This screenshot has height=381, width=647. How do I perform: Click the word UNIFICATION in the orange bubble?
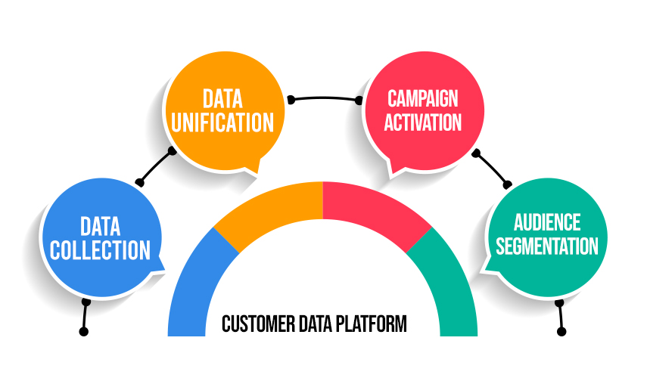click(x=222, y=122)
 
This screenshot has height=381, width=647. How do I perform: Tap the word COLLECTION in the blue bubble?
click(x=101, y=250)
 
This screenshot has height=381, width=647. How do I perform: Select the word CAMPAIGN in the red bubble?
click(x=423, y=98)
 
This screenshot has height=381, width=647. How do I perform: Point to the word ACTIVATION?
click(x=423, y=122)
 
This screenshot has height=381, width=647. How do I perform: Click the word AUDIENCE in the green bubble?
click(x=547, y=223)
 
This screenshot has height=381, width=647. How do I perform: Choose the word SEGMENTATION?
click(x=547, y=246)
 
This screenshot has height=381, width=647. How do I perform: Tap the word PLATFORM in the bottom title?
click(x=371, y=324)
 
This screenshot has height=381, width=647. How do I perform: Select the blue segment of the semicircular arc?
click(x=193, y=284)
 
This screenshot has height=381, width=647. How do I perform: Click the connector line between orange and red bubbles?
click(x=325, y=98)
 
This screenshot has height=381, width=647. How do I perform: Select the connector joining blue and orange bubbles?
click(x=156, y=166)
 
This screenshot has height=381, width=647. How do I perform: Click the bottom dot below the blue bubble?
click(x=84, y=332)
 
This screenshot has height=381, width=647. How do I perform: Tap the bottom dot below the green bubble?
click(x=561, y=332)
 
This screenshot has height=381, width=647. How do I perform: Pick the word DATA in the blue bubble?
click(x=101, y=226)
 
